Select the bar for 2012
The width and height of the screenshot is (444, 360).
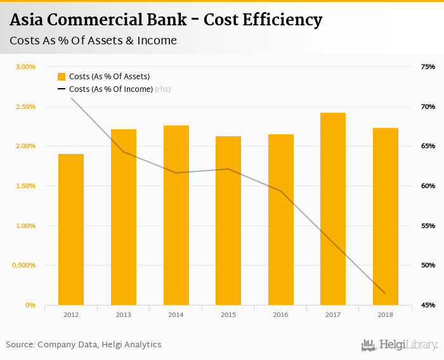coord(71,229)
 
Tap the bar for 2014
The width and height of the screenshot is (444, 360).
coord(176,215)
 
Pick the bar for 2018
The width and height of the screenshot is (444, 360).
coord(386,217)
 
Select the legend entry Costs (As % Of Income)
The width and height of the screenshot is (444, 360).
coord(111,89)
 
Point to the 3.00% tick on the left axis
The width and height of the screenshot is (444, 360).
coord(25,67)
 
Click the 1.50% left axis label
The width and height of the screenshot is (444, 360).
coord(25,186)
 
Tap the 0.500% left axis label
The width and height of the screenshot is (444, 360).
coord(23,266)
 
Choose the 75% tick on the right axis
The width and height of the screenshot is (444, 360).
coord(428,67)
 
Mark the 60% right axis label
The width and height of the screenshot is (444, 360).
coord(428,186)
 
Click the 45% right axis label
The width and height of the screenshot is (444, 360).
coord(428,305)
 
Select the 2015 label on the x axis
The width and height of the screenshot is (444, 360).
coord(228,315)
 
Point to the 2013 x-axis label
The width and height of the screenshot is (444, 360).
coord(124,315)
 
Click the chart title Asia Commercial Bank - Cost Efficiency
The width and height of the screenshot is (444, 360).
coord(166,20)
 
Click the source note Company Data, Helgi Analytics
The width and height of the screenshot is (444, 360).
coord(84,345)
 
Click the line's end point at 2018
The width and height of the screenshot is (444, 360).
coord(385,293)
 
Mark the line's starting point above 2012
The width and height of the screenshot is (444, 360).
coord(71,98)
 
